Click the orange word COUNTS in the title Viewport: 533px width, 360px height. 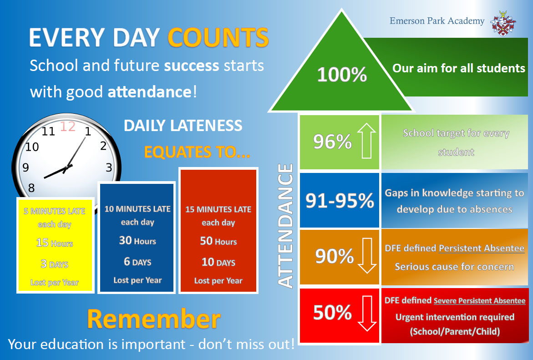tap(218, 37)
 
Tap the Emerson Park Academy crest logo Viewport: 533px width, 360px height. tap(503, 23)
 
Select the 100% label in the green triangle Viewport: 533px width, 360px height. tap(342, 75)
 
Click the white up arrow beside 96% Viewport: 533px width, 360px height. tap(366, 140)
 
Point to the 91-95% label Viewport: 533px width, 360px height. tap(340, 200)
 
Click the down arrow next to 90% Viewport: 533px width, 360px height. tap(367, 256)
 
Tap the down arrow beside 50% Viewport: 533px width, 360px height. tap(367, 313)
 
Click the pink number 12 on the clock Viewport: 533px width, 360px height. tap(68, 127)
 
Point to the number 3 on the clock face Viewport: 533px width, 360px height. tap(109, 167)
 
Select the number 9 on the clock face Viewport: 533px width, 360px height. tap(25, 167)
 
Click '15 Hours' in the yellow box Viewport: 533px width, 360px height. tap(54, 243)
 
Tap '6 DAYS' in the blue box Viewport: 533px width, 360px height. tap(137, 261)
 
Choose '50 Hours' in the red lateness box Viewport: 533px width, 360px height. tap(218, 241)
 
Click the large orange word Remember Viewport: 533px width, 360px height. tap(154, 319)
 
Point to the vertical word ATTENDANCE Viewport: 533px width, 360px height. tap(285, 226)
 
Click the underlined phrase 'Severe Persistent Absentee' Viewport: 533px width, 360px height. tap(479, 301)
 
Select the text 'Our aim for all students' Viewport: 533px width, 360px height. tap(458, 68)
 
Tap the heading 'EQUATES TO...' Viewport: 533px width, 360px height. tap(197, 152)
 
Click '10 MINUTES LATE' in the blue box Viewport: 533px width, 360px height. tap(137, 209)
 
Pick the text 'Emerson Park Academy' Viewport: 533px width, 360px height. tap(437, 21)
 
